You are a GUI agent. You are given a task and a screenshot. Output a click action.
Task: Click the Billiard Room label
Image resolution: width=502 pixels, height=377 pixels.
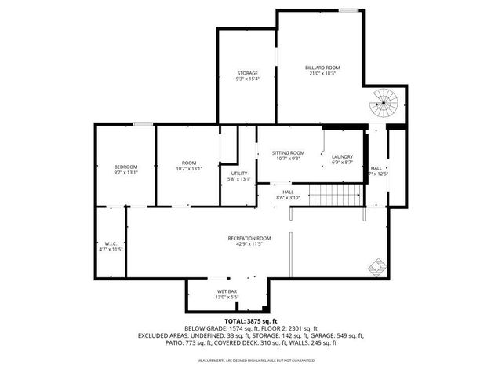click(x=322, y=68)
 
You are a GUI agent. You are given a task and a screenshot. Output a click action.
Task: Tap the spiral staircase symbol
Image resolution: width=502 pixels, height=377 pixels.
click(x=384, y=101)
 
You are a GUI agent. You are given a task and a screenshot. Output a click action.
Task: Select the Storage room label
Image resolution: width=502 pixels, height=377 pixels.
click(x=248, y=73)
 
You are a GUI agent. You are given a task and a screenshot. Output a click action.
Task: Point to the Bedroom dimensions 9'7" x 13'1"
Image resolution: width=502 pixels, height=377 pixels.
click(x=125, y=173)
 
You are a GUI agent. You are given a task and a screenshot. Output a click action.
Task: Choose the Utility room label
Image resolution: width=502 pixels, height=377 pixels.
click(x=239, y=173)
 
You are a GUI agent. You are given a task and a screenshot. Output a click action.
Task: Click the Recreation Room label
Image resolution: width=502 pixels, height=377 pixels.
click(x=249, y=238)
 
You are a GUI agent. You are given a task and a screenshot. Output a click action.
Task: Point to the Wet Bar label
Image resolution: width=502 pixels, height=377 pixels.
click(x=227, y=291)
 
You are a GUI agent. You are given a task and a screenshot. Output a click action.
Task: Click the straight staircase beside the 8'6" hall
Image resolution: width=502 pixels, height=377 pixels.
click(x=333, y=194)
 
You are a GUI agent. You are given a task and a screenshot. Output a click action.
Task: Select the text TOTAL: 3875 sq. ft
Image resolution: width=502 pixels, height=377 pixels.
click(x=250, y=321)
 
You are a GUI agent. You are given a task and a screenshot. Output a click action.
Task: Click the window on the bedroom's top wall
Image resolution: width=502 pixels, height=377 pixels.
click(x=143, y=123)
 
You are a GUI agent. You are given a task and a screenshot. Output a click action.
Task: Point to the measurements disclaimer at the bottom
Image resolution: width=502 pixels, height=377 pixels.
click(x=250, y=361)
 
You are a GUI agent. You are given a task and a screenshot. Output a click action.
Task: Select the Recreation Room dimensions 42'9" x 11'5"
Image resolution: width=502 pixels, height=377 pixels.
click(x=249, y=244)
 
